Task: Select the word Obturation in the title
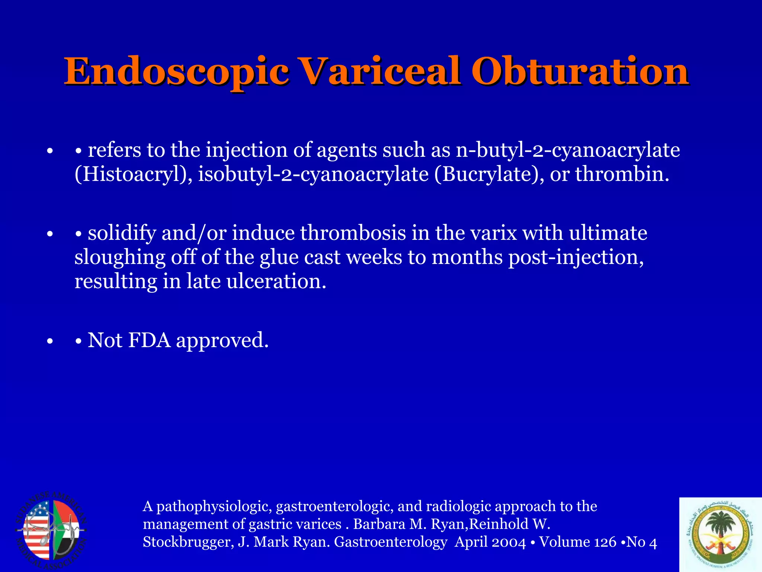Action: tap(580, 71)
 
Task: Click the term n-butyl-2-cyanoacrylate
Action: tap(568, 150)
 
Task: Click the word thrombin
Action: tap(622, 174)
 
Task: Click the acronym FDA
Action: tap(149, 340)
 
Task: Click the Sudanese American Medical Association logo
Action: tap(51, 530)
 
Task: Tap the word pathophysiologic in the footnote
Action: tap(214, 507)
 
